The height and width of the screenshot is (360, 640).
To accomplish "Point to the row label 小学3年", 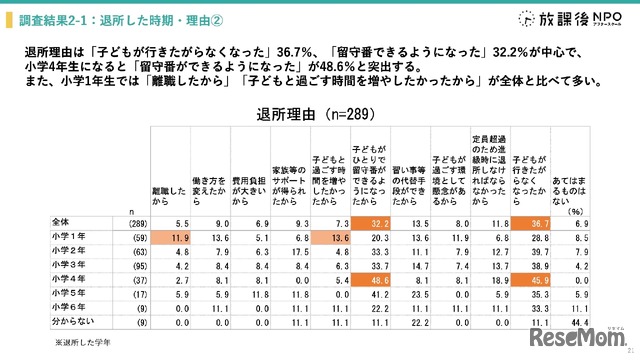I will pyautogui.click(x=67, y=267).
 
